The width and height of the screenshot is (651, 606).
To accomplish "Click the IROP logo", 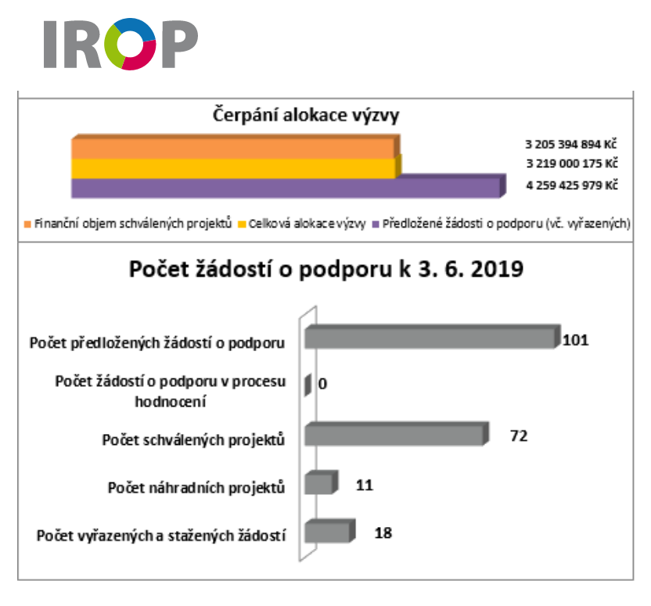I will (x=120, y=45).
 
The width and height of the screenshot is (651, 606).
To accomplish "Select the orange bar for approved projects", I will (x=234, y=148).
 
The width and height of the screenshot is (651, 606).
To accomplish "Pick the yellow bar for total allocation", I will (x=234, y=167).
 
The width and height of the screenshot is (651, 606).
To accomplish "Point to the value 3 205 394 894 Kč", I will (x=571, y=145).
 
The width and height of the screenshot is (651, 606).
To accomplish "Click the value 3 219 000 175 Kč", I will (x=571, y=164).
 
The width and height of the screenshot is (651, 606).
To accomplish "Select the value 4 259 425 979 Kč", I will (x=571, y=185).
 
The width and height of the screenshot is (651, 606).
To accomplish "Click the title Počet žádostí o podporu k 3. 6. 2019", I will (x=326, y=271).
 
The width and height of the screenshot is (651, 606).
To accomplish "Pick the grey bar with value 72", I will (x=394, y=435).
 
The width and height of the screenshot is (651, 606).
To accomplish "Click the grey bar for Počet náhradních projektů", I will (x=319, y=484).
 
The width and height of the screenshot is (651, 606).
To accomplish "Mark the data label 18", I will (x=383, y=533).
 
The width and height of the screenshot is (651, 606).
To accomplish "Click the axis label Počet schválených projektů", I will (x=193, y=439).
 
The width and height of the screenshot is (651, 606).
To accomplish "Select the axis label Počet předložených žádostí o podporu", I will (x=156, y=342).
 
